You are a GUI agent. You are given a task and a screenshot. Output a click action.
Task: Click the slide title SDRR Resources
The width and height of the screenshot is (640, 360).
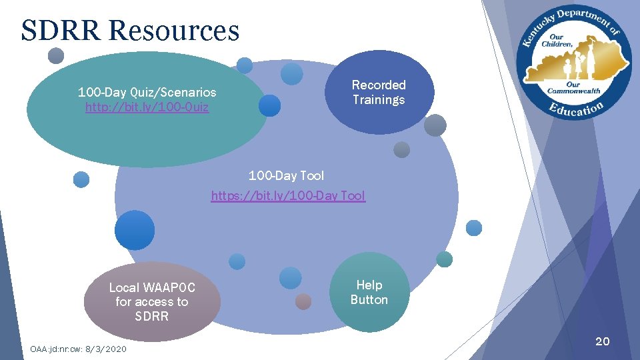tap(130, 31)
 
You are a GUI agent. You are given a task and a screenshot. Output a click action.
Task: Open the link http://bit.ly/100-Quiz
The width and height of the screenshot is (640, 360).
tap(147, 107)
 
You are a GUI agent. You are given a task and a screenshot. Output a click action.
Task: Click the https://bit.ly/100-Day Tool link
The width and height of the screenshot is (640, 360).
tap(288, 195)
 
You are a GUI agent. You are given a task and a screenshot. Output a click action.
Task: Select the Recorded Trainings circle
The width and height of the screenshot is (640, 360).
tap(379, 92)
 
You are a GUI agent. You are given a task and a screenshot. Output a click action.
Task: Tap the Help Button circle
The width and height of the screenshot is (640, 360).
tap(369, 292)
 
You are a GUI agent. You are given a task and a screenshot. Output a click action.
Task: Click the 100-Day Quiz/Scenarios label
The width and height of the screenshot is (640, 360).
tap(147, 92)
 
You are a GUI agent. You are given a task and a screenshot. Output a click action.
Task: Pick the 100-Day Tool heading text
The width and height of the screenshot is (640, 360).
tap(286, 175)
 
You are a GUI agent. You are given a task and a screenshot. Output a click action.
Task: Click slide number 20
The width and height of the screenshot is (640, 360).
tap(602, 341)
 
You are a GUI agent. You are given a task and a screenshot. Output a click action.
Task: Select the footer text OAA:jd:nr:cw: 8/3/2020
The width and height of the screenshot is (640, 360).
tap(78, 349)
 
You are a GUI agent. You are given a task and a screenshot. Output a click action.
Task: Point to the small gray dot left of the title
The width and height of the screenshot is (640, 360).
tap(56, 55)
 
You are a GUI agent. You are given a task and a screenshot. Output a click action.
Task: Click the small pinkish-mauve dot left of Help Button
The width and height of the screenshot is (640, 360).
tap(303, 301)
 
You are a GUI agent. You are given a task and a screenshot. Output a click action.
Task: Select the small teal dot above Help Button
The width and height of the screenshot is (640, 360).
tap(444, 259)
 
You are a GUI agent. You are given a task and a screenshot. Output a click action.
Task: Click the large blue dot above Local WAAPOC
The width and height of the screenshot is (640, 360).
tap(135, 230)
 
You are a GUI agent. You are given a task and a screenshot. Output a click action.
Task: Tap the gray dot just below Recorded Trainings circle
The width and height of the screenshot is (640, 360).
tap(401, 150)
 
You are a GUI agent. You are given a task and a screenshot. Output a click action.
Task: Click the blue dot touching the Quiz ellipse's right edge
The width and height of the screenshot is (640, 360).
tap(269, 105)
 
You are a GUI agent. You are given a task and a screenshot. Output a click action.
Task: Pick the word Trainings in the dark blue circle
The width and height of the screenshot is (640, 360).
tap(379, 100)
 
